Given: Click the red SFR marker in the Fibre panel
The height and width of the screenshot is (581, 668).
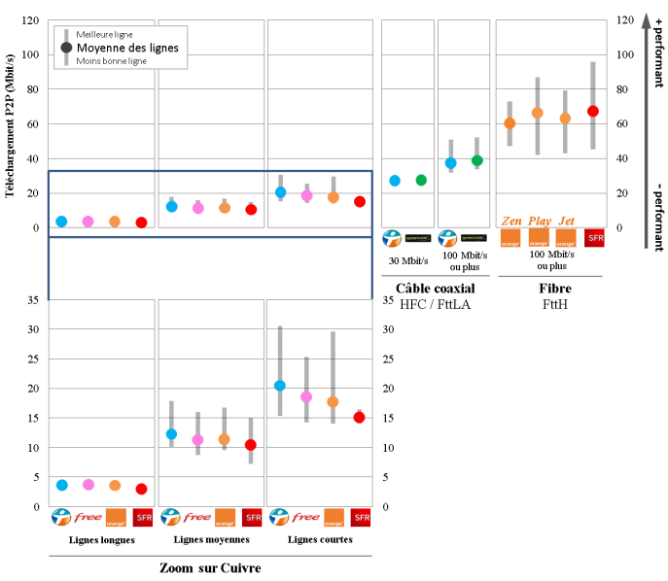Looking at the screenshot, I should [x=593, y=112].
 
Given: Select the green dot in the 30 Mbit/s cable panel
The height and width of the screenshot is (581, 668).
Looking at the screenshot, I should [x=421, y=180].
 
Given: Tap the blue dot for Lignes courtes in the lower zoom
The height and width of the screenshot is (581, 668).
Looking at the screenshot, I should [x=280, y=386].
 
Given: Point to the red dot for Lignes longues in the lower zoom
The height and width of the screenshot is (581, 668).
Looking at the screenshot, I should [x=141, y=489].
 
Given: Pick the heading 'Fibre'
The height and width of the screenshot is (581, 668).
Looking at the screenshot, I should [x=555, y=289].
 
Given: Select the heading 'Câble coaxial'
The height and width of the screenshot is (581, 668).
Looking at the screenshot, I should [x=435, y=289].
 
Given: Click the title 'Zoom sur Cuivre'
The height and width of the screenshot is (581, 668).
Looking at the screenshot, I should [x=210, y=567].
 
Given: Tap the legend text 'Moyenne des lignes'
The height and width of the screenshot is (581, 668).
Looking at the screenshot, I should [x=127, y=47].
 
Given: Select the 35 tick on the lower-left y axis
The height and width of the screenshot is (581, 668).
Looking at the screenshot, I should [x=32, y=300].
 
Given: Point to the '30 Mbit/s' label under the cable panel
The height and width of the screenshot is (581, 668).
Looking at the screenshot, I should [x=407, y=259].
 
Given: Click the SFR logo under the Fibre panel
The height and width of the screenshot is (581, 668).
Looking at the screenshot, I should [x=594, y=238].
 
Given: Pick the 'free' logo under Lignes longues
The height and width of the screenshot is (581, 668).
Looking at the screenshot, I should [x=89, y=518].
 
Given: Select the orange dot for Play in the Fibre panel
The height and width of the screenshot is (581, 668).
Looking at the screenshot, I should [x=537, y=113].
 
